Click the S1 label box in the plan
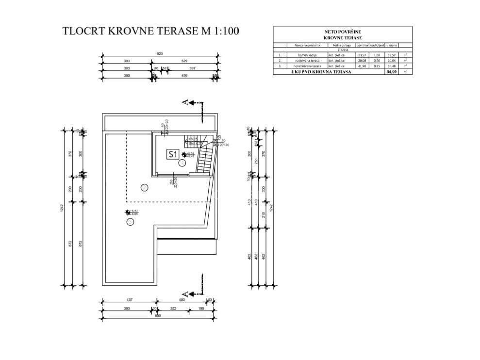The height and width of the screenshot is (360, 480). [x=172, y=154]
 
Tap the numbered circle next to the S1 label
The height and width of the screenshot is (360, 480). [x=182, y=163]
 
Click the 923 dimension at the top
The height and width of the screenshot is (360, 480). [x=159, y=54]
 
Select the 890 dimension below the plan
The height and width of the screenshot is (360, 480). [x=158, y=316]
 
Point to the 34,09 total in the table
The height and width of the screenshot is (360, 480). [x=390, y=71]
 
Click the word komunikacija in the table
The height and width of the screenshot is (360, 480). [x=307, y=55]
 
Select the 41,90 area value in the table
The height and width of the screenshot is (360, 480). [x=362, y=65]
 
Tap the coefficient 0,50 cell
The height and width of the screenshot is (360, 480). [x=376, y=60]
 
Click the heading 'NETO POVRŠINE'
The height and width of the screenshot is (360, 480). [x=342, y=31]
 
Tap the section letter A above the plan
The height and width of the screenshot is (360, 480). [x=184, y=102]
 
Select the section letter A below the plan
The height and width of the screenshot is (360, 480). [x=184, y=294]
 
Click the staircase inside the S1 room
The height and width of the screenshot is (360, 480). [x=206, y=157]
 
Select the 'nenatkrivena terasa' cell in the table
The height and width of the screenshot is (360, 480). [x=307, y=65]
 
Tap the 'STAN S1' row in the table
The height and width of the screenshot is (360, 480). [x=342, y=50]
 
